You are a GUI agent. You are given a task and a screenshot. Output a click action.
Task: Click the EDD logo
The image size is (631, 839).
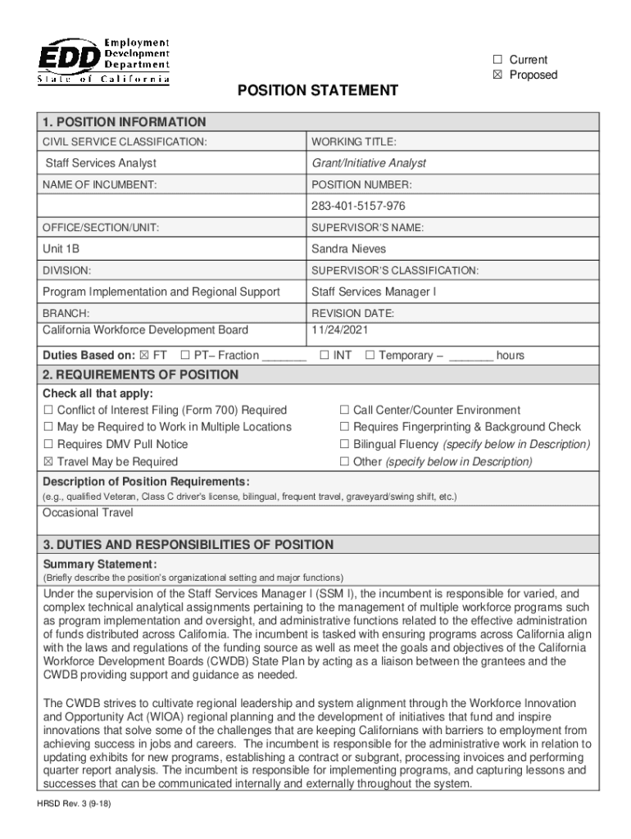click(103, 60)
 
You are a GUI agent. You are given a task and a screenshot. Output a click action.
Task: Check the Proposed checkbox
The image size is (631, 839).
click(497, 75)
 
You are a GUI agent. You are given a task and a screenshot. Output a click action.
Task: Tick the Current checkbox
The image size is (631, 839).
click(497, 60)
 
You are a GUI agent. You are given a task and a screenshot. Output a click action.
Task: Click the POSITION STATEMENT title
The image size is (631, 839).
click(318, 90)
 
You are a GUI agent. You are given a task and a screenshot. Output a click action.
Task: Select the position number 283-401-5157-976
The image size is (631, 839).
click(358, 206)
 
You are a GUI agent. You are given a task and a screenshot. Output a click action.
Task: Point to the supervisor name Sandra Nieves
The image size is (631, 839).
click(348, 248)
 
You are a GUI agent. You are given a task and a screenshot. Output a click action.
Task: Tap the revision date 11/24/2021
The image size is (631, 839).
click(340, 330)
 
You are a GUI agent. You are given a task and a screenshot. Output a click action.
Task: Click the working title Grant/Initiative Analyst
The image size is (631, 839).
click(369, 163)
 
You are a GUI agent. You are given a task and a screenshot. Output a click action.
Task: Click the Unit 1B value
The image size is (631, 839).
click(61, 248)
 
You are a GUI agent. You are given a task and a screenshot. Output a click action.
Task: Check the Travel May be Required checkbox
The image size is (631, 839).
click(48, 462)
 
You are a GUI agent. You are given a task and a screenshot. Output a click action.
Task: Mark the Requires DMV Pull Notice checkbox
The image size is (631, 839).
click(48, 445)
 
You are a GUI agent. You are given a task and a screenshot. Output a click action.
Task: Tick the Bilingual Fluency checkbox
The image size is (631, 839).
click(345, 445)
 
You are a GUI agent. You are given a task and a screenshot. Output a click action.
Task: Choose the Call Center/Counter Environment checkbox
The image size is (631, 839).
click(345, 410)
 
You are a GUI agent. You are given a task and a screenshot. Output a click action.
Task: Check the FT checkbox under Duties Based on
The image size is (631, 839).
click(145, 356)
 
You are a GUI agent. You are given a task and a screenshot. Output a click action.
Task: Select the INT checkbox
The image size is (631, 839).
click(325, 356)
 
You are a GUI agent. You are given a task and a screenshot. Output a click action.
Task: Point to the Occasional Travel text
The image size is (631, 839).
click(88, 513)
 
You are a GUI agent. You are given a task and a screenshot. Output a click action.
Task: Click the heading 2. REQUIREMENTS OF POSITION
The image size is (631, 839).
click(141, 375)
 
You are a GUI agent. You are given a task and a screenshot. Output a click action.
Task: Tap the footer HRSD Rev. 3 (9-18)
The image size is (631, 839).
click(78, 805)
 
